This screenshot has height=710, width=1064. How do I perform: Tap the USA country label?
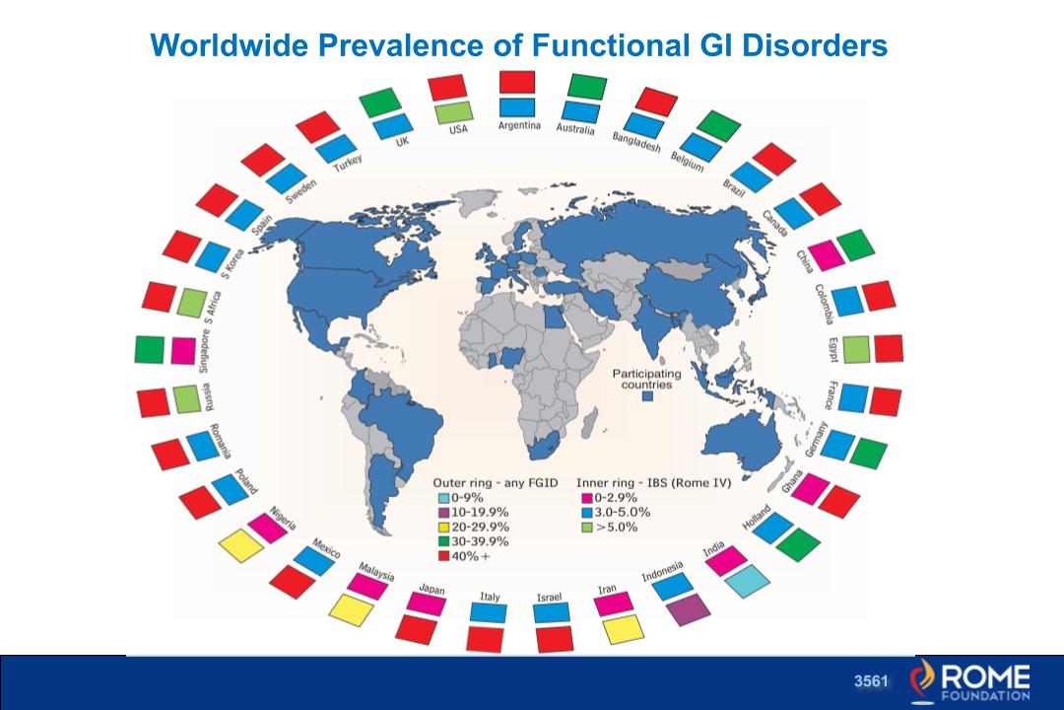pos(458,128)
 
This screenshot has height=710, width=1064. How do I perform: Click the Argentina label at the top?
pos(518,126)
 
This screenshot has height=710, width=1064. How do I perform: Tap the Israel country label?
pos(549,598)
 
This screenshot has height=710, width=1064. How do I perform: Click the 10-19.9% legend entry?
pos(479,513)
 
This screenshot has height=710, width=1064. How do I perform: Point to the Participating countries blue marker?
pos(648,396)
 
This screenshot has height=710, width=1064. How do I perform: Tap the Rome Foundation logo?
pos(971,681)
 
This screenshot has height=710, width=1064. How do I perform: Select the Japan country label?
pos(432,589)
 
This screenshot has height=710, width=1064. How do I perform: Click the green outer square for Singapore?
pos(150,348)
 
